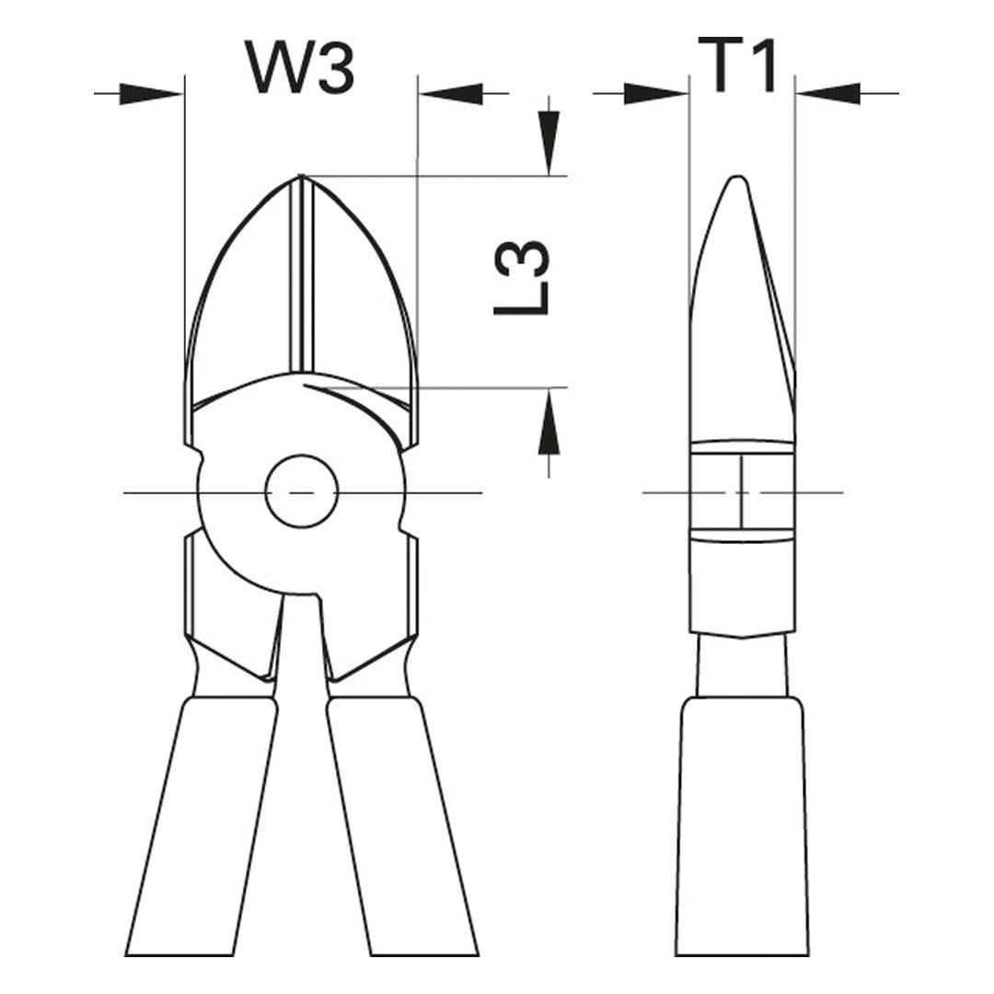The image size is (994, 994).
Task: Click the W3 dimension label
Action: click(300, 67)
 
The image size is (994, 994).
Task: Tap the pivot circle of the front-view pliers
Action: click(302, 492)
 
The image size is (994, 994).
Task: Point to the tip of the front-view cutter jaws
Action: click(301, 177)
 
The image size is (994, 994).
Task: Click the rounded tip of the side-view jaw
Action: click(735, 179)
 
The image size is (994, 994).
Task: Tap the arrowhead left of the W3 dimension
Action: click(152, 93)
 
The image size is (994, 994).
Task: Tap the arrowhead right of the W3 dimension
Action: click(451, 93)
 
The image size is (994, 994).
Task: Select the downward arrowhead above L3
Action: click(549, 143)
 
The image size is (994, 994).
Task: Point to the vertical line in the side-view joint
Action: click(742, 492)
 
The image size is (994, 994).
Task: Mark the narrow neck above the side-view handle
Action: click(742, 667)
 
